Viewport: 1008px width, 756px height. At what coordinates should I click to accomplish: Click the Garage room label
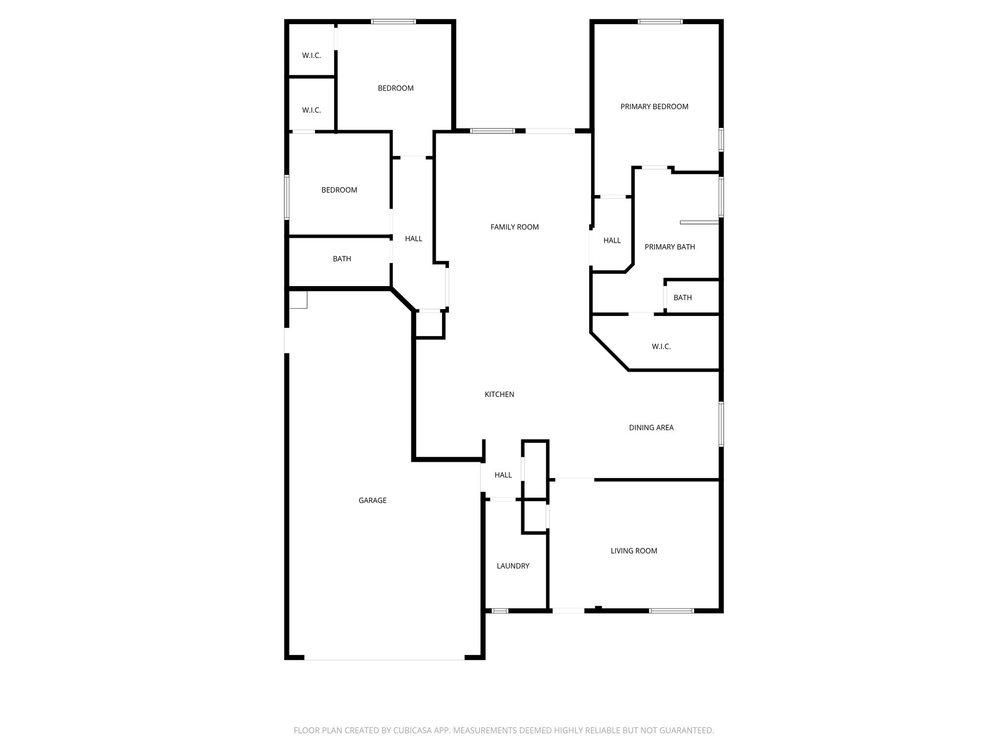tap(372, 501)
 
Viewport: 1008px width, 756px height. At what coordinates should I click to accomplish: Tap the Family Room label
tap(514, 227)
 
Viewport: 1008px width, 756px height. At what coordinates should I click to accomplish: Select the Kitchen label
tap(499, 394)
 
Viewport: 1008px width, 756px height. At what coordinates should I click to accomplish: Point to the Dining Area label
tap(651, 428)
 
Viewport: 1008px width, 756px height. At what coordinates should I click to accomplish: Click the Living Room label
tap(633, 551)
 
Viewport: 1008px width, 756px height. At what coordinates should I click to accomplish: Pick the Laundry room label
tap(513, 566)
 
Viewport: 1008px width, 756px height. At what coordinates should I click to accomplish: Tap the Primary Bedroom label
tap(654, 107)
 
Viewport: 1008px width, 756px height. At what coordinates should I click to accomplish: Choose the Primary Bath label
tap(669, 247)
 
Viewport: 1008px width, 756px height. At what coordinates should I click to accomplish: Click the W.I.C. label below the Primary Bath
tap(661, 346)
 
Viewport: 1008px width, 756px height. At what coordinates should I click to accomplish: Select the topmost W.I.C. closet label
tap(311, 56)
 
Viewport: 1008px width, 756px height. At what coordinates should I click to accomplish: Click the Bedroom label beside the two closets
tap(395, 89)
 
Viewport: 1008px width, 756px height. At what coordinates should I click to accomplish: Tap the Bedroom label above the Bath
tap(339, 190)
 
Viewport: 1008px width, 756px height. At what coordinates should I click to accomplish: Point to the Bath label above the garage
tap(342, 259)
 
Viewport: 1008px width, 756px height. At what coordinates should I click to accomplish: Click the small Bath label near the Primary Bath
tap(682, 298)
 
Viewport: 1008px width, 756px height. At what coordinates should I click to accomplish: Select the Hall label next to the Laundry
tap(503, 475)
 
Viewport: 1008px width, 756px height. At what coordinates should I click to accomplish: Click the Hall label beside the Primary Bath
tap(612, 241)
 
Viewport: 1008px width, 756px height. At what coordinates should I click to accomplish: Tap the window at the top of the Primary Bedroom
tap(660, 22)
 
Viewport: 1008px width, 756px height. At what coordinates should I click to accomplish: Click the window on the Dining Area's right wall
tap(721, 424)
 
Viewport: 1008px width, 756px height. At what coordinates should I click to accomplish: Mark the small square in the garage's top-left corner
tap(298, 299)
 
